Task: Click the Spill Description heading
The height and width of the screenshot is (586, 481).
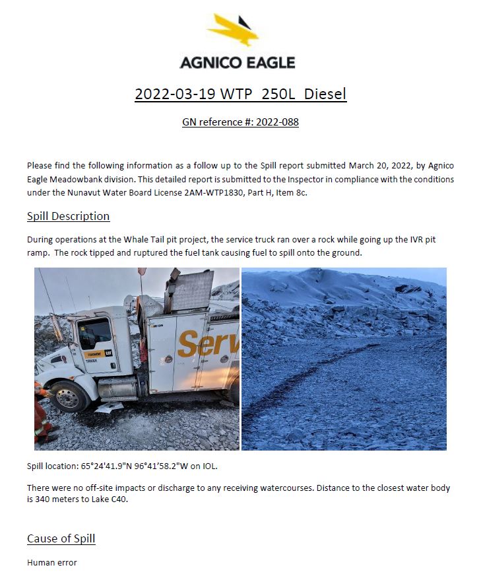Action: (68, 217)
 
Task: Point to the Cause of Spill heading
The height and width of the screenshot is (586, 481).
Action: (61, 538)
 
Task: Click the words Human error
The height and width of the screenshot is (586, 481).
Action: (51, 563)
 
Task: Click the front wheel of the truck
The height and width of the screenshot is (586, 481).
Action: (67, 396)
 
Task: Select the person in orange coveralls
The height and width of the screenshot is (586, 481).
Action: (42, 413)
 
